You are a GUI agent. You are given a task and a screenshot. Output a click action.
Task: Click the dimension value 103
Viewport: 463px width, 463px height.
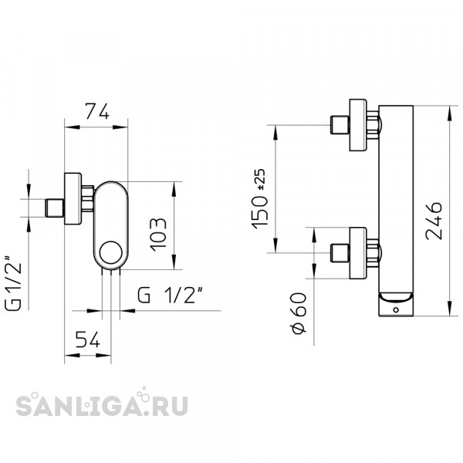click(x=157, y=227)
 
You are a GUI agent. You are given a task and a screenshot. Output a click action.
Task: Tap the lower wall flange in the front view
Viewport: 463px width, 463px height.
click(x=359, y=252)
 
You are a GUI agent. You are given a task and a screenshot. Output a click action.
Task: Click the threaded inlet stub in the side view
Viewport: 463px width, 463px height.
click(x=54, y=208)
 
